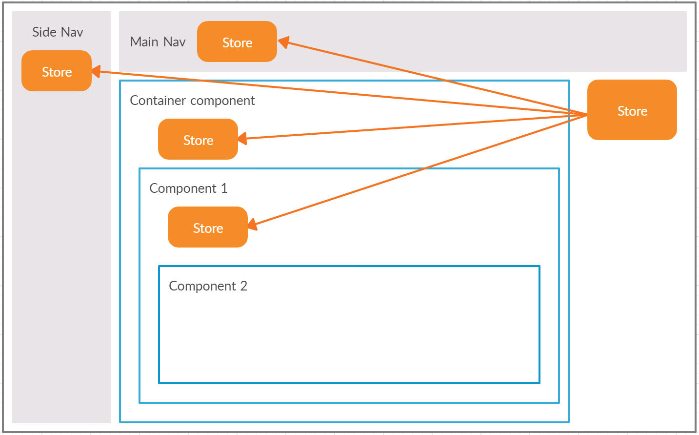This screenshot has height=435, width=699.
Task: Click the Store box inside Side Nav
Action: pos(57,71)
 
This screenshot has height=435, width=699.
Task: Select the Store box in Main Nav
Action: pos(237,42)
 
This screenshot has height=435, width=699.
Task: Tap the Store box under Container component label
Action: pos(198,140)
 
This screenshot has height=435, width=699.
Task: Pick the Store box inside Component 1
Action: pos(208,228)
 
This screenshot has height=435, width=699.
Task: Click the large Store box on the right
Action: pos(632,110)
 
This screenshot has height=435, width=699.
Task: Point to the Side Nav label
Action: pos(58,32)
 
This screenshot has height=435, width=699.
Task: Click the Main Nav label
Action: pos(158,42)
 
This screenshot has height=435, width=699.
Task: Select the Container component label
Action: pos(192,101)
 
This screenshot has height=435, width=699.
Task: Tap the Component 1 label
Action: pos(188,188)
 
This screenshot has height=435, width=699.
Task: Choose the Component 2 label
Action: pos(208,286)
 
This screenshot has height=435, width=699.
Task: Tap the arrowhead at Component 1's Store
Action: pos(252,225)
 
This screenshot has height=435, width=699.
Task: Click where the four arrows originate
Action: pos(586,115)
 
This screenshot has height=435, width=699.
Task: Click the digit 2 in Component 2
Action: pos(243,286)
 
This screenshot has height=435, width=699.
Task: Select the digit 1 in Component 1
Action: pos(224,188)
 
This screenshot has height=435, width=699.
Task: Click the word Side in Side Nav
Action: pos(44,32)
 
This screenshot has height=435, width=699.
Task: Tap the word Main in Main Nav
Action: pos(144,42)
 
